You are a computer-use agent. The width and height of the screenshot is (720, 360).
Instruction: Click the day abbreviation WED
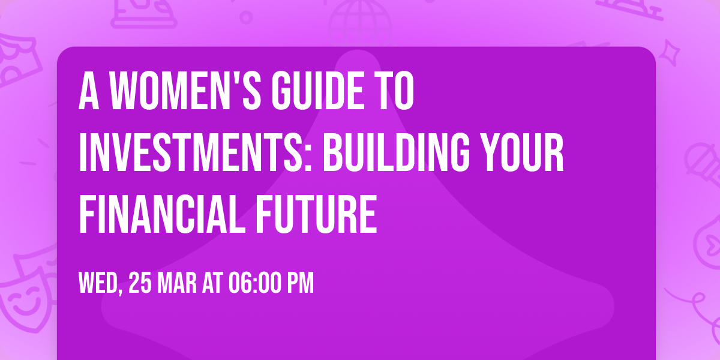(x=100, y=283)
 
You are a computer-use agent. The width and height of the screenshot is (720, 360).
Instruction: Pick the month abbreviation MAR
(x=178, y=283)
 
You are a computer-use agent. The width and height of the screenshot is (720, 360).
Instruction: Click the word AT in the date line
(x=212, y=283)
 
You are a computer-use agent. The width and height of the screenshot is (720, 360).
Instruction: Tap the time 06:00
(x=255, y=283)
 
